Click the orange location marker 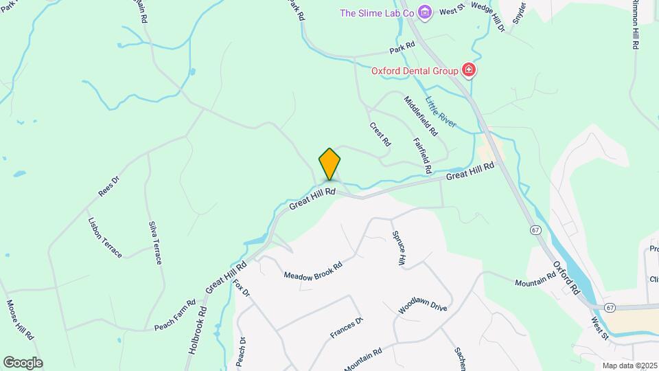329,164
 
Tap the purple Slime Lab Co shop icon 426,12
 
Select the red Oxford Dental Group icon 470,70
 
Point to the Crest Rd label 380,134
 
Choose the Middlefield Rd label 421,115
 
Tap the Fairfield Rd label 422,155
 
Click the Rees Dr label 109,186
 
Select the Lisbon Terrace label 105,238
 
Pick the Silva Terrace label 155,243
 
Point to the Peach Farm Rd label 175,313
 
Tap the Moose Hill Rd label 21,319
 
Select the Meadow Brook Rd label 313,267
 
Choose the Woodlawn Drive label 423,306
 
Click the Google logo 23,363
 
